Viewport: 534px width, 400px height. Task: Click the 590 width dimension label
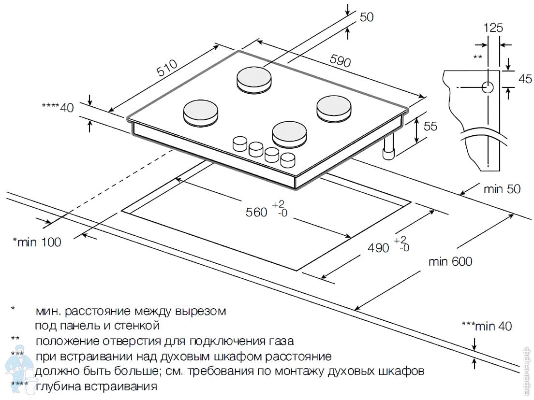[340, 60]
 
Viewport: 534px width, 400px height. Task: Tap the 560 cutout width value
[256, 212]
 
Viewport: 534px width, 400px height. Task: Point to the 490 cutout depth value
[378, 247]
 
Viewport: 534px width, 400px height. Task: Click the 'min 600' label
[450, 262]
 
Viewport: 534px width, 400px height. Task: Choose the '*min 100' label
[37, 242]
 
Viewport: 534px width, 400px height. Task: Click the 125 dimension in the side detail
[493, 28]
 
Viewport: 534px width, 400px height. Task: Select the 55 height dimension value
[430, 126]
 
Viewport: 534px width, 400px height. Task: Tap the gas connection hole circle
[488, 87]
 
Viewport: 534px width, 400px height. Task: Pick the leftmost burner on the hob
[201, 111]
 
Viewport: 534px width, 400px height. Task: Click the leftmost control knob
[240, 143]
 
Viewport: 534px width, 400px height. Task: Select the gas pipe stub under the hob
[389, 150]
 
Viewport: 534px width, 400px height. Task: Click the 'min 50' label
[502, 189]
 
